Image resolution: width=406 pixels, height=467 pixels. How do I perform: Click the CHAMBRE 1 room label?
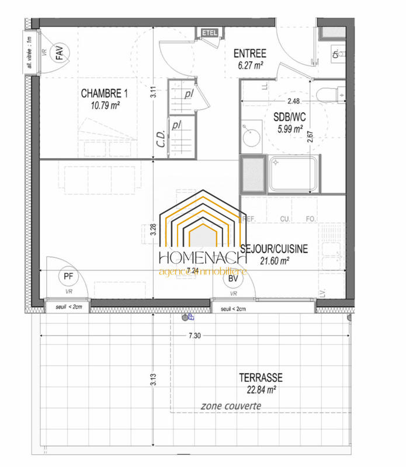pos(105,93)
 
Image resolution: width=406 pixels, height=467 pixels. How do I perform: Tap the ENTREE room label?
pos(249,54)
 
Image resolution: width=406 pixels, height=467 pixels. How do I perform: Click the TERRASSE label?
pos(261,378)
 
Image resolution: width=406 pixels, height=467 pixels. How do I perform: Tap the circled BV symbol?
pos(233,278)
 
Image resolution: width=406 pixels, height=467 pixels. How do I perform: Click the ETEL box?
pos(209,33)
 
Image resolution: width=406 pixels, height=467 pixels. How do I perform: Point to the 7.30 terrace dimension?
pos(195,336)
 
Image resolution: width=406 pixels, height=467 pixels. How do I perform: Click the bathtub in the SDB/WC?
pos(294,173)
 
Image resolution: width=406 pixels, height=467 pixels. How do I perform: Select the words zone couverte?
pos(231,406)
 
